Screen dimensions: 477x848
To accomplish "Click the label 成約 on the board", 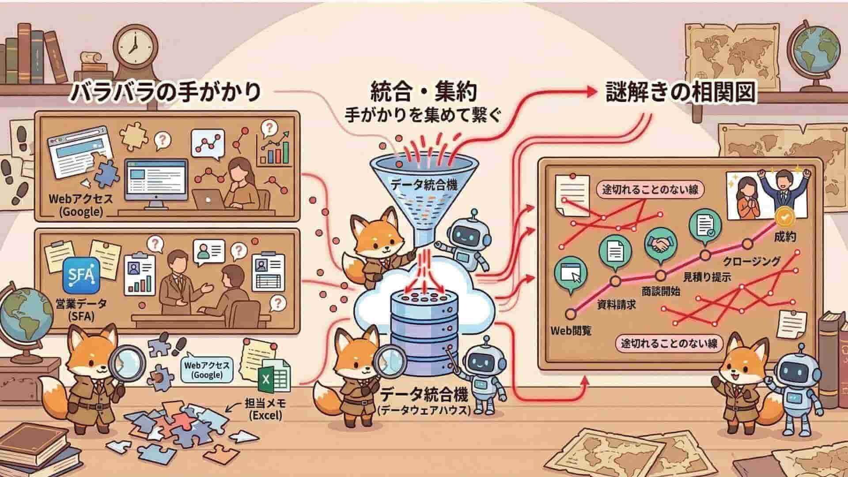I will (785, 237).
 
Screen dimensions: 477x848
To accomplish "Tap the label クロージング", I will (752, 261).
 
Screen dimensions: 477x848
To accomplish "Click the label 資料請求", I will (616, 304).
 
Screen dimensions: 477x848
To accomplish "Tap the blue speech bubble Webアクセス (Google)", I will (207, 370).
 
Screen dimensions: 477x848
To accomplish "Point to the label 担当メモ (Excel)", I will (265, 409).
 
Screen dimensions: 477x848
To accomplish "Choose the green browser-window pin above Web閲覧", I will (571, 274).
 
